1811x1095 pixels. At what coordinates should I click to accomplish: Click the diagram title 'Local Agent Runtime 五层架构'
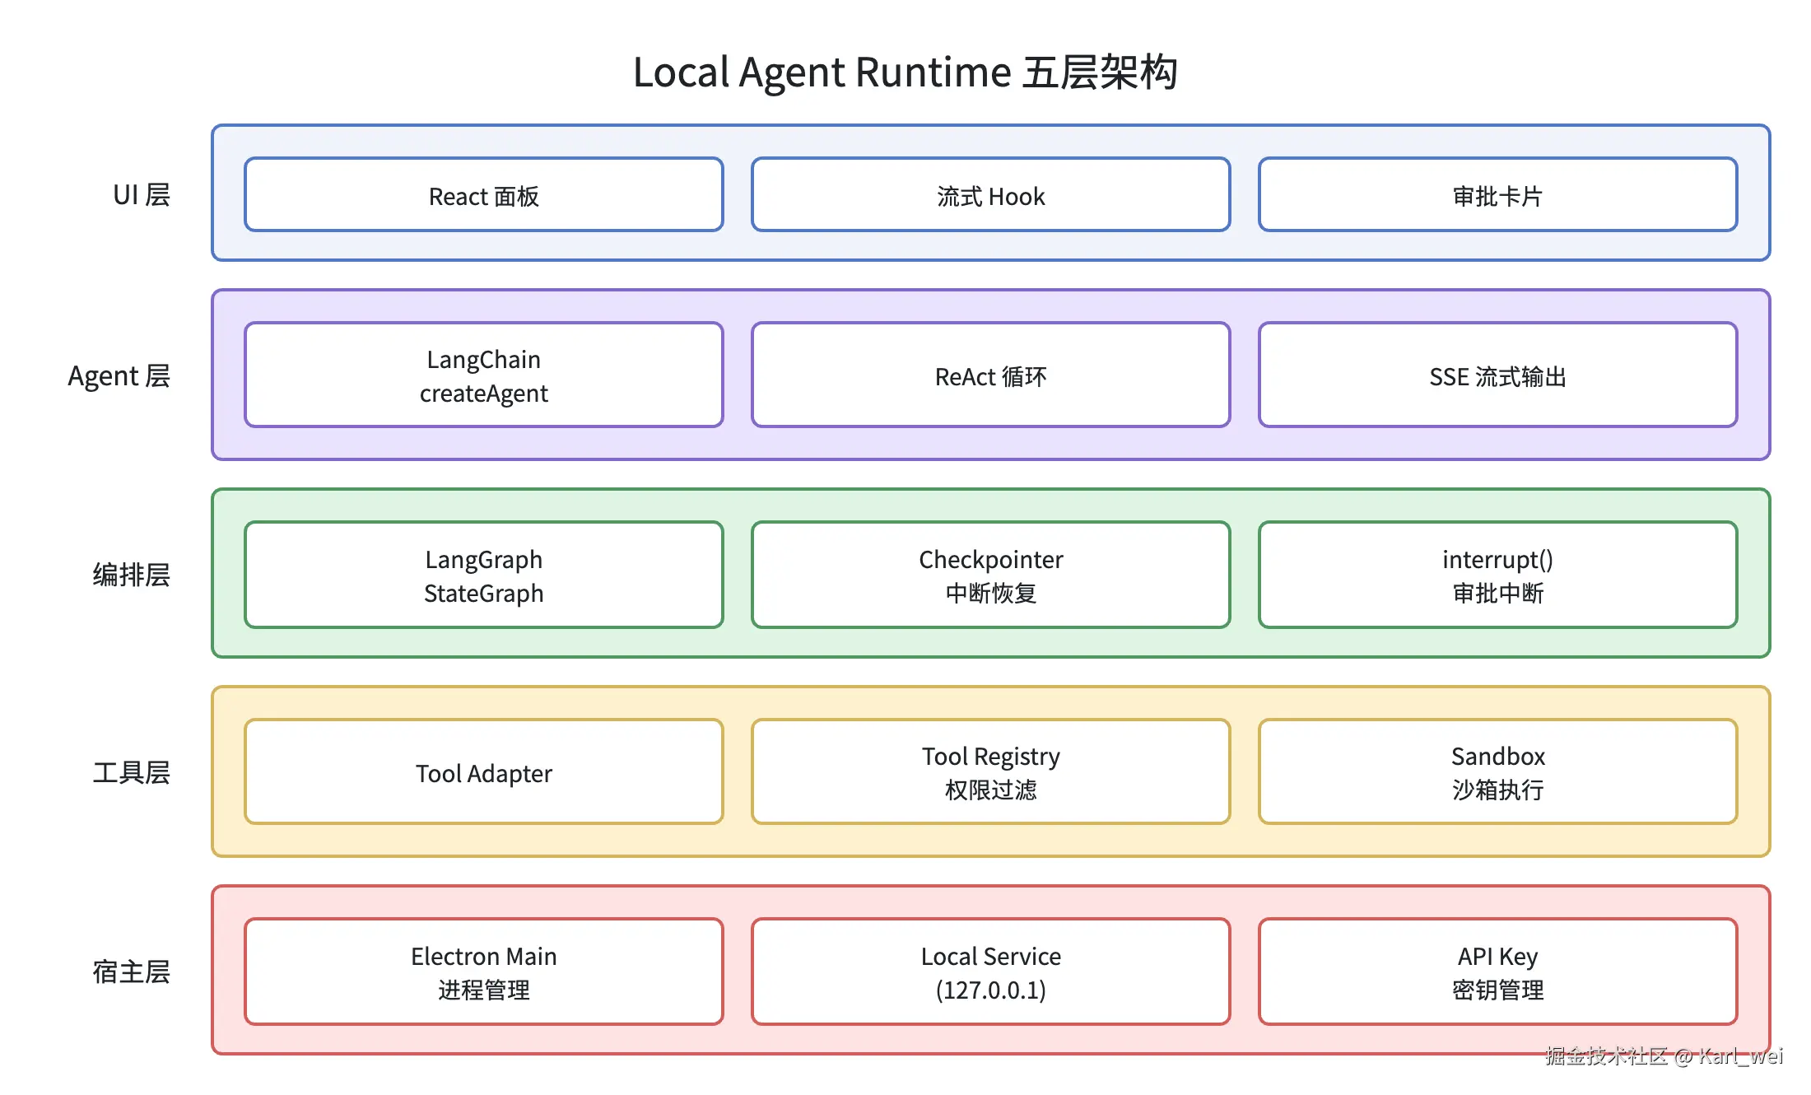(905, 72)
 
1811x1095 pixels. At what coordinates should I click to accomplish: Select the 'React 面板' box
(484, 195)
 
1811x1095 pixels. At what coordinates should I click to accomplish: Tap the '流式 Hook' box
(991, 195)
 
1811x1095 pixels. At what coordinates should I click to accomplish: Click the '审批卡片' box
(1498, 195)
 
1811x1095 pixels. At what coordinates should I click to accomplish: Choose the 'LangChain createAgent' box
(484, 375)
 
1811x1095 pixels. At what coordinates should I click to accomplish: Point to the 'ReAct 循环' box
(991, 375)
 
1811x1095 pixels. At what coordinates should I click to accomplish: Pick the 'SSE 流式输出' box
(1498, 375)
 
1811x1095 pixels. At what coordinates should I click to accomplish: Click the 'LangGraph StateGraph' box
(484, 575)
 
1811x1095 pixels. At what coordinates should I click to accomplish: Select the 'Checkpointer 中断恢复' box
(991, 575)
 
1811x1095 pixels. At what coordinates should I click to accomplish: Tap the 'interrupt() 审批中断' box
(1498, 575)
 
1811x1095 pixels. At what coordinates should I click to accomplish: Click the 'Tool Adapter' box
(484, 772)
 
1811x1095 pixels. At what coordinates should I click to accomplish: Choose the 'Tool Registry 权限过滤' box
(991, 772)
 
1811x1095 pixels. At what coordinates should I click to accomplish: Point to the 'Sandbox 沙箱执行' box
(1498, 772)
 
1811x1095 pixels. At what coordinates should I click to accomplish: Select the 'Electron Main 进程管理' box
(484, 972)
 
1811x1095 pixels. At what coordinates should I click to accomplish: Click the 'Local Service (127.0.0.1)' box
(991, 972)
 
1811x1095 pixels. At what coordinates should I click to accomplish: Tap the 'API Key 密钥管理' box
(1498, 972)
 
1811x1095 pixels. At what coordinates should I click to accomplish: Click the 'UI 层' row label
(142, 195)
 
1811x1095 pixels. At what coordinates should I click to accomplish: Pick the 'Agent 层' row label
(119, 376)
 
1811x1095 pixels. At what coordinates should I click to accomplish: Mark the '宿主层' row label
(132, 972)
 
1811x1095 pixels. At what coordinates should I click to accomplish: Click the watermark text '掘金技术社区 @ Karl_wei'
(1664, 1056)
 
